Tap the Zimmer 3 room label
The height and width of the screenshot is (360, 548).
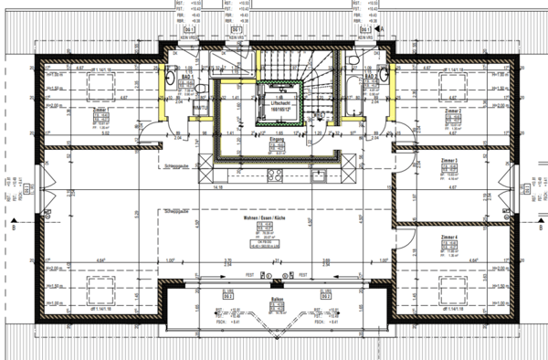pyautogui.click(x=448, y=160)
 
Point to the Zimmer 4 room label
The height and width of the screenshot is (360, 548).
pyautogui.click(x=448, y=237)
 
